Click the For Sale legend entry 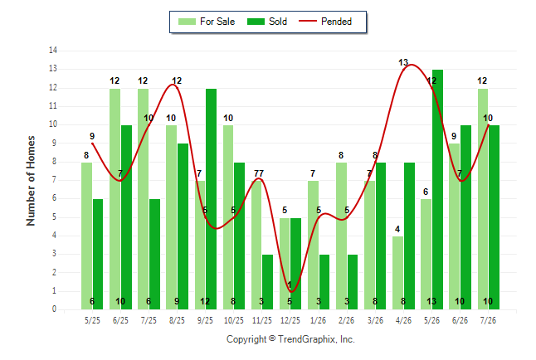coord(207,22)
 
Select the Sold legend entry coord(267,22)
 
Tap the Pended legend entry coord(325,22)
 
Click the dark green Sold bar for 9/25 coord(211,199)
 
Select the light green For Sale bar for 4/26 coord(397,273)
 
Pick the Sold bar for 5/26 coord(437,190)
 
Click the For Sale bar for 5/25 coord(86,236)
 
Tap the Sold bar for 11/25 coord(268,282)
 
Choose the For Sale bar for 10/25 coord(228,217)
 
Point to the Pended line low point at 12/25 coord(291,292)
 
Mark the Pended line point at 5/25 coord(92,144)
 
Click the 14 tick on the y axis coord(53,51)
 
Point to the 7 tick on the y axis coord(55,180)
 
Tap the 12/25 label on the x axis coord(290,320)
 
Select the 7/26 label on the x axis coord(488,320)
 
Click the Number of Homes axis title coord(31,181)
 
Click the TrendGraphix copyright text coord(290,339)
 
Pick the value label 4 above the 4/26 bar coord(397,229)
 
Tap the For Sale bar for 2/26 coord(341,236)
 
